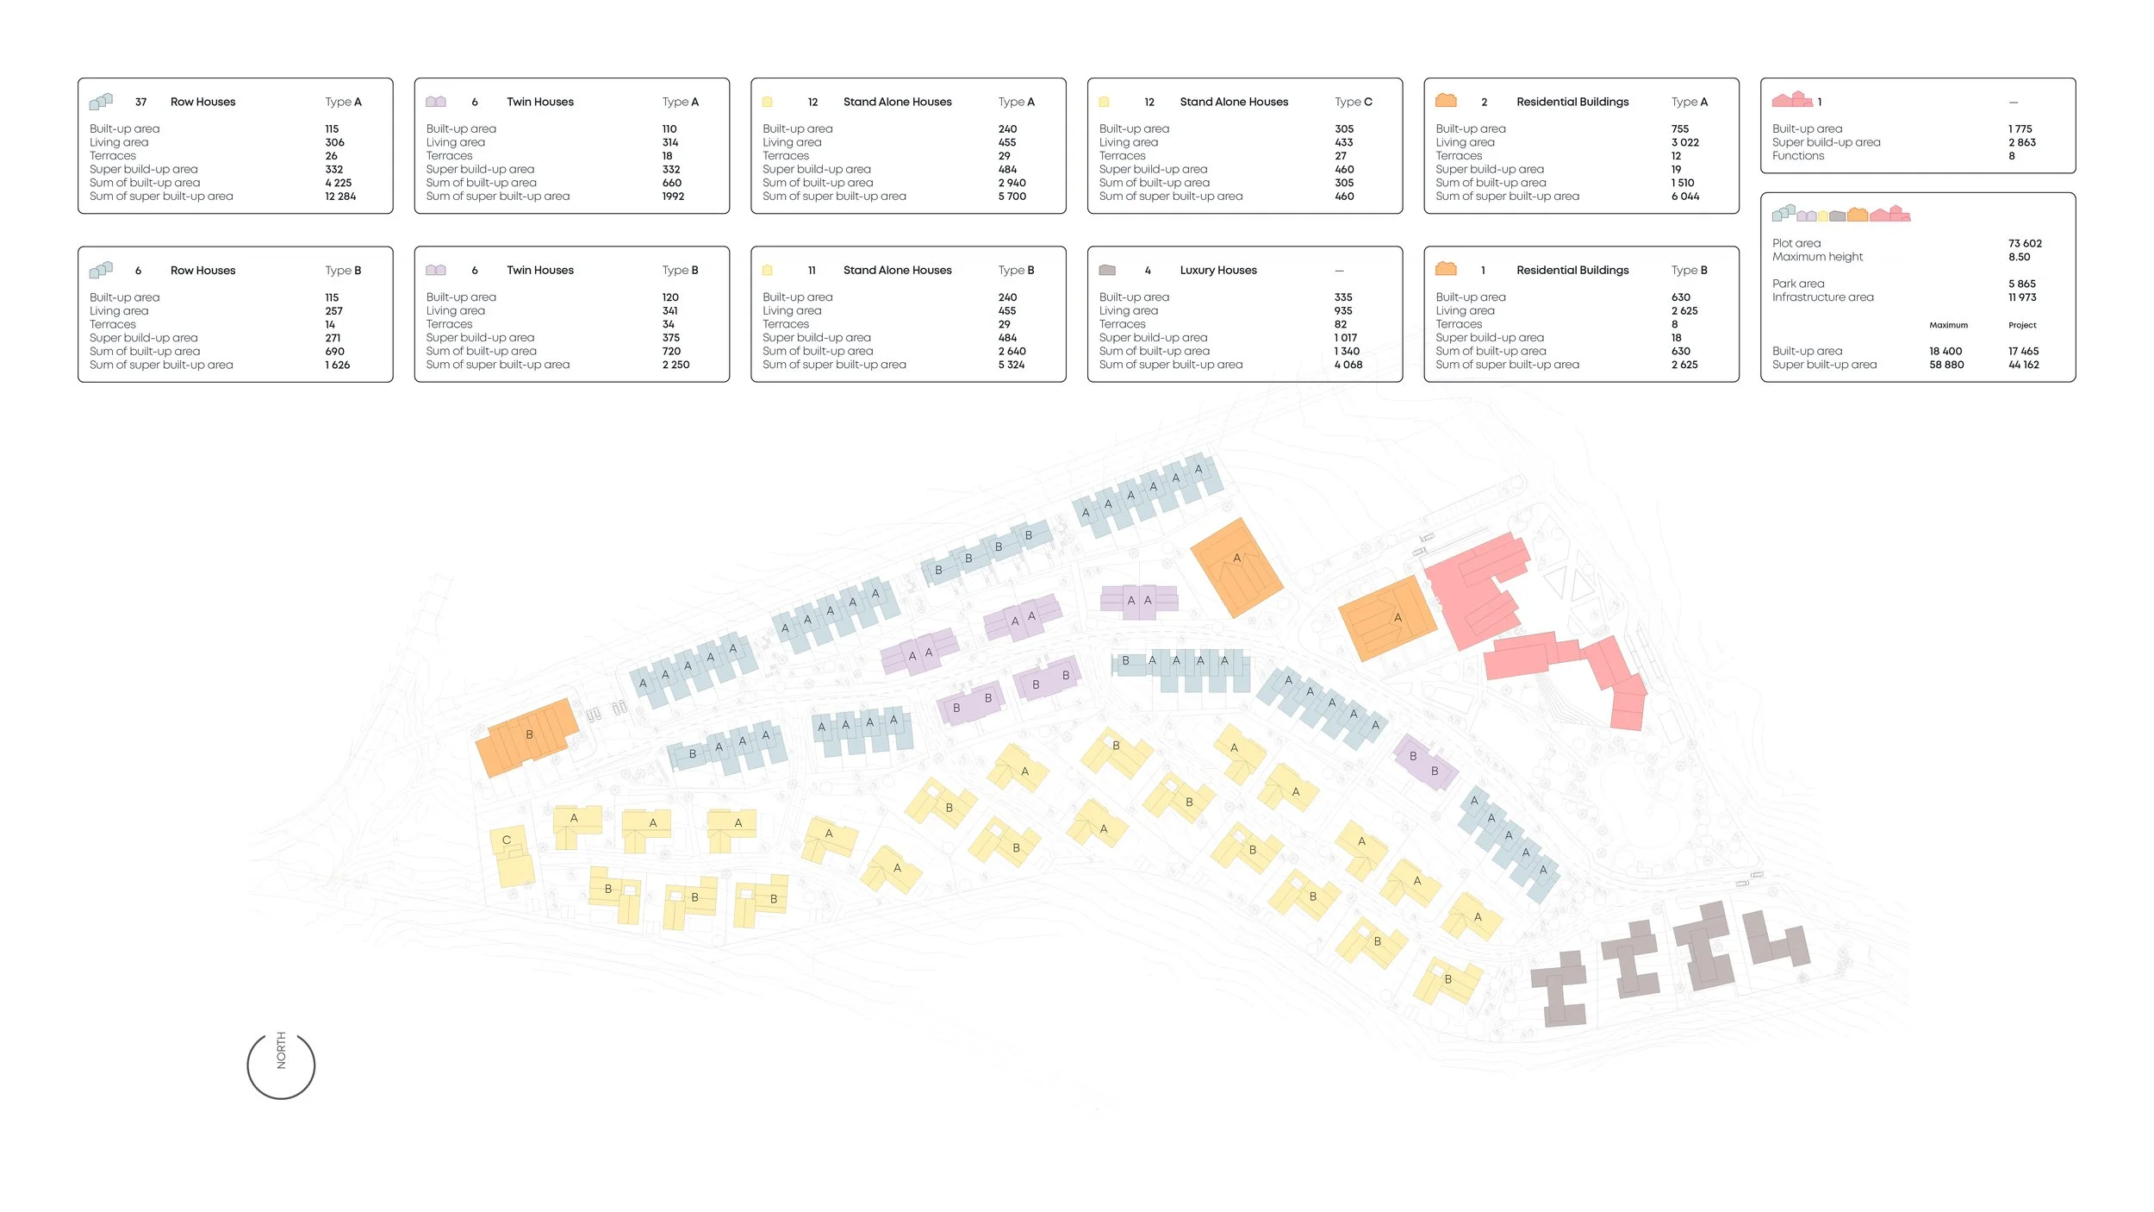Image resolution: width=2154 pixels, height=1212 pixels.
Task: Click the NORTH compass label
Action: [281, 1051]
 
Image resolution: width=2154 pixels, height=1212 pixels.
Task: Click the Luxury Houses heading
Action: [1217, 271]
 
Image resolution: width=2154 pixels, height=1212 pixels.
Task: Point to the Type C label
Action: [1353, 102]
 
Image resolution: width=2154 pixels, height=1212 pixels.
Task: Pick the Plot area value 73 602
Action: [2024, 244]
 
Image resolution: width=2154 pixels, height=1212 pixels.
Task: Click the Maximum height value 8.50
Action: [2019, 257]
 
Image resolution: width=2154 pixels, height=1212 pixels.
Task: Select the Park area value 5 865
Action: [2021, 284]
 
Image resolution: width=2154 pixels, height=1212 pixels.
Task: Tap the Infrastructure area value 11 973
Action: [2021, 297]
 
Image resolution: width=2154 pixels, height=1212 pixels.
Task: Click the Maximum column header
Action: [1948, 326]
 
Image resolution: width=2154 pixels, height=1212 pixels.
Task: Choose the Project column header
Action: [2021, 326]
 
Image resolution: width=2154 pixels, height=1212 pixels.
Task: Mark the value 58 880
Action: [1946, 365]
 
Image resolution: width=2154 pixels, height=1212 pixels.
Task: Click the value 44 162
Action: [2023, 365]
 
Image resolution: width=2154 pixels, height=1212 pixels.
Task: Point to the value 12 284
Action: [340, 197]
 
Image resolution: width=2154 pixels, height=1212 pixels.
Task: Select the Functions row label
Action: [1797, 156]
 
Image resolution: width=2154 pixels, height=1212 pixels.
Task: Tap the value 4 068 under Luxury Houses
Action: [1348, 365]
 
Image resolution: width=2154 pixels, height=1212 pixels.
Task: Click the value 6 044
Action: [1684, 197]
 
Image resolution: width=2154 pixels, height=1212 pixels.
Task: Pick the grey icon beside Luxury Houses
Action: [1107, 271]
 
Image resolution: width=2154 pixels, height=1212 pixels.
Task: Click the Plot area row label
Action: [1796, 244]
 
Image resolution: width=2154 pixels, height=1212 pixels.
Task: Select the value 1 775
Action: [2020, 129]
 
